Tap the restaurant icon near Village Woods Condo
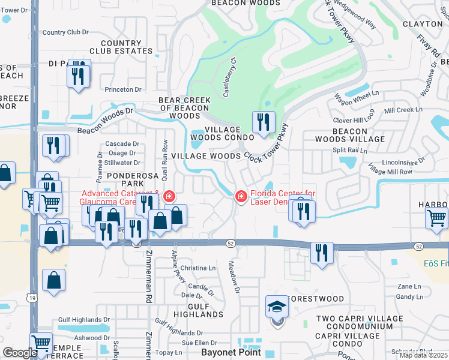264,124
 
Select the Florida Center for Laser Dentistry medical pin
241,196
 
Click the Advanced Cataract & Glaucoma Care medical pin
170,196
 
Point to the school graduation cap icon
277,307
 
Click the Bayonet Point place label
231,352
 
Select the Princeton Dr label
122,89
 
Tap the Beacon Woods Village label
350,135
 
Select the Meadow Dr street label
234,278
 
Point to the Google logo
19,353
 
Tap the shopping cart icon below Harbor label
436,218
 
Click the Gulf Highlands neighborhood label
191,310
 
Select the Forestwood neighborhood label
316,299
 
